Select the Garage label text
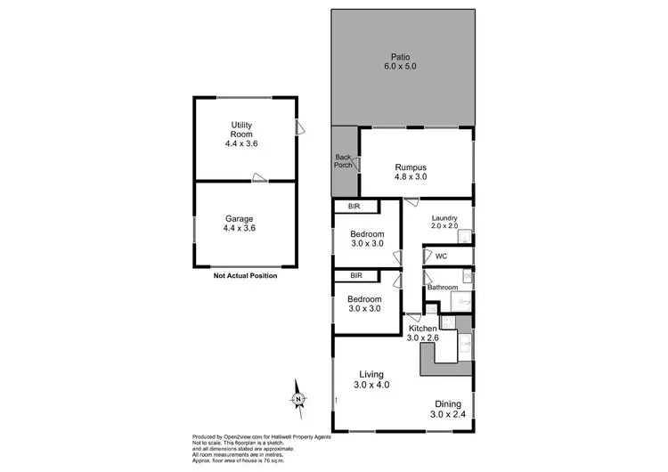point(240,218)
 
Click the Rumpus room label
point(411,167)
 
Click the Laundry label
point(444,218)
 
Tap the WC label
point(441,256)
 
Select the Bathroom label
point(443,288)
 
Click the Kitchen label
point(424,329)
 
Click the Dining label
point(446,403)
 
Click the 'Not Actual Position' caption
point(245,276)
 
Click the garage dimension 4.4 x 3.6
point(240,229)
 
